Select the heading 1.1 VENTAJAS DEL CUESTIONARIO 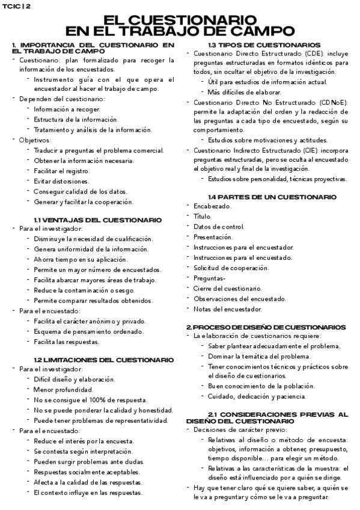coord(97,220)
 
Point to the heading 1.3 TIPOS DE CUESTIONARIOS coord(264,45)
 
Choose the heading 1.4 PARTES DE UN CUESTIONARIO coord(272,197)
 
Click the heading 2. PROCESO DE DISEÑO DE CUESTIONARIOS coord(266,327)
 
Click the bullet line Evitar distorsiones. coord(61,181)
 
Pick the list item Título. coord(202,216)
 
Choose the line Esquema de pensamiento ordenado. coord(89,331)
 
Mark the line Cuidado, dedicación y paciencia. coord(257,396)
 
